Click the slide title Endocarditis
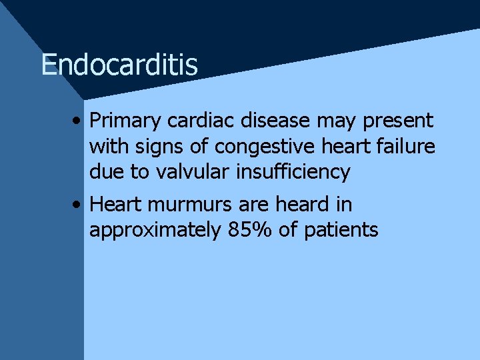pyautogui.click(x=119, y=65)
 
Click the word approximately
pyautogui.click(x=155, y=231)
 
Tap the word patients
pyautogui.click(x=341, y=231)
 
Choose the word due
pyautogui.click(x=107, y=171)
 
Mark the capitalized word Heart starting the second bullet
pyautogui.click(x=116, y=205)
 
